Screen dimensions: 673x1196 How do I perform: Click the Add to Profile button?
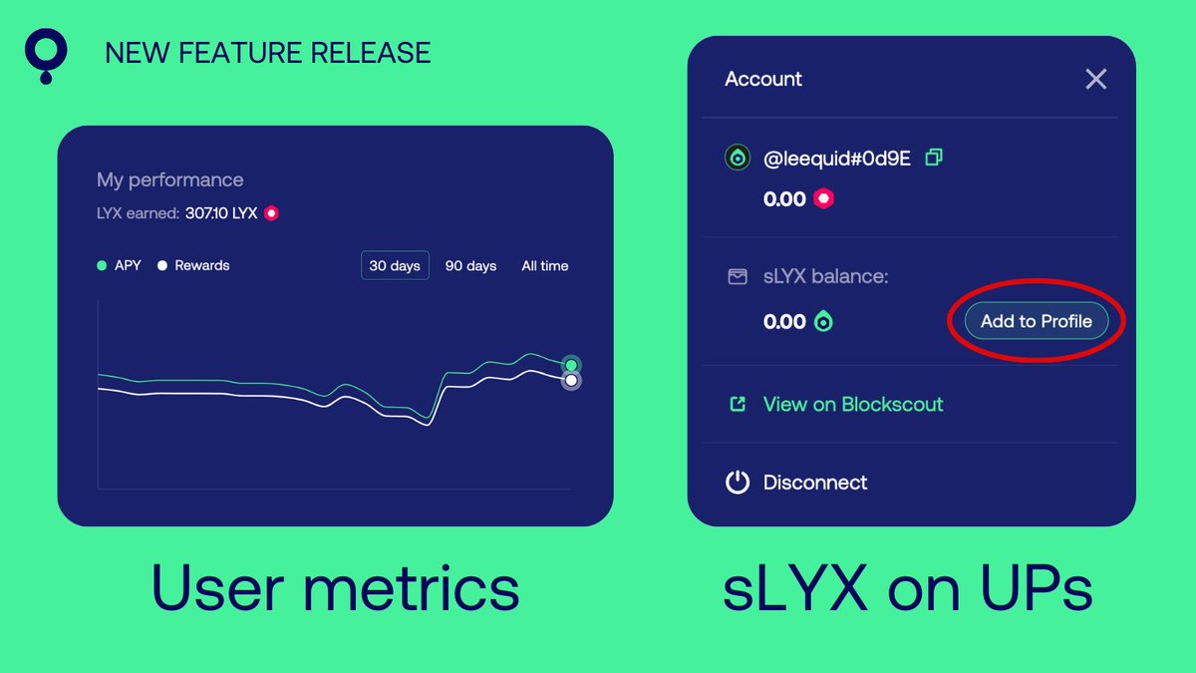(1036, 321)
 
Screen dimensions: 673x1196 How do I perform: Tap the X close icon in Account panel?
(1095, 80)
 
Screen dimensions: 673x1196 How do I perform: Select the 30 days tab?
(395, 266)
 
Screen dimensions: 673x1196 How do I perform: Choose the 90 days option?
(470, 266)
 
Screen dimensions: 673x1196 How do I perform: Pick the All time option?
(545, 266)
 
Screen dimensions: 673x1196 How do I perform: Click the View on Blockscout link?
(852, 404)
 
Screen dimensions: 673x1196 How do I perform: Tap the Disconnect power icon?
(737, 483)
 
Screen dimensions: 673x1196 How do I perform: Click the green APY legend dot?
(102, 266)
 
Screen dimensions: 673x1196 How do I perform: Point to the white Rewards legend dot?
(161, 266)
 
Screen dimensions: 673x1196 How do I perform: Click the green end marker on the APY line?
(571, 365)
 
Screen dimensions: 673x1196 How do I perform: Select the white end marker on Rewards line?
(571, 380)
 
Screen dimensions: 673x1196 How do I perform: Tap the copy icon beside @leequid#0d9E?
(934, 158)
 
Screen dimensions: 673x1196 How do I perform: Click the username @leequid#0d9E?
(836, 158)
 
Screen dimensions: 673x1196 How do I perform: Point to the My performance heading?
(169, 180)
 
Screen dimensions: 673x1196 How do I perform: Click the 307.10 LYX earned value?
(221, 212)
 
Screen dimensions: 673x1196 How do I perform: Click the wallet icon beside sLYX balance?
(737, 276)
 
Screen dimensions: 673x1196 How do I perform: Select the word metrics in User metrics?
(411, 589)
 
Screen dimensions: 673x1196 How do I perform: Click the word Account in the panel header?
(763, 80)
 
